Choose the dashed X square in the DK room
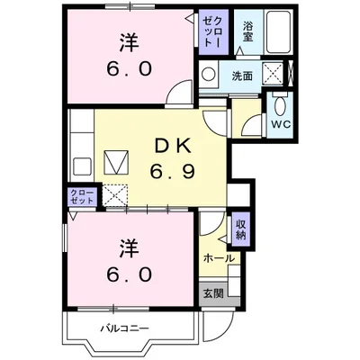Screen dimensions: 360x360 114,194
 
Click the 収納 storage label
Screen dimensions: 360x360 240,229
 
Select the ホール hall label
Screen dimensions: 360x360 220,257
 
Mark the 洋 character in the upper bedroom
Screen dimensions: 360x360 129,42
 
